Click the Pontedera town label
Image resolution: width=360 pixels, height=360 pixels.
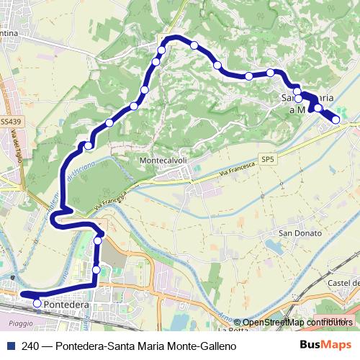point(66,305)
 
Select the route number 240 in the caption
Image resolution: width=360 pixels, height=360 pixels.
point(31,346)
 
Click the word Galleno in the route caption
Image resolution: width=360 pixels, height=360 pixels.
point(216,346)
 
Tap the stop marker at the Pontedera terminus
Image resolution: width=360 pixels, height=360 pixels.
point(37,305)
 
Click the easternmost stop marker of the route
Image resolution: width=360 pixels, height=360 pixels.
point(336,120)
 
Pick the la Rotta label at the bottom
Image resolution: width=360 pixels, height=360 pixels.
point(235,330)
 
